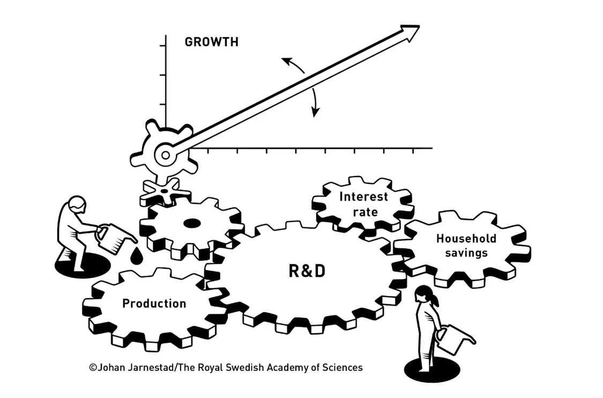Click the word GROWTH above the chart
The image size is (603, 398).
pos(212,42)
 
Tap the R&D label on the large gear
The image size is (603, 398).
pos(307,271)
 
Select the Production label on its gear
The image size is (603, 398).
pos(154,304)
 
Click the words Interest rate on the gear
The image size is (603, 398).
pos(364,204)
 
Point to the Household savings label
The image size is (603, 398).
pos(466,246)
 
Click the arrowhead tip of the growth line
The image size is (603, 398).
pos(419,26)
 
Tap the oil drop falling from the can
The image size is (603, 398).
pos(136,256)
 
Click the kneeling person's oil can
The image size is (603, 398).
pos(114,239)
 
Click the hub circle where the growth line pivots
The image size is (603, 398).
pos(166,155)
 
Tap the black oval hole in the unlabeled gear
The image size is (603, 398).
pos(192,223)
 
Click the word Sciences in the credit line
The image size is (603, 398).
pos(343,367)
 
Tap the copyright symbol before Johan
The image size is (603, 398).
pos(93,367)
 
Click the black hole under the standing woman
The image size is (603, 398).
pos(432,370)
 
